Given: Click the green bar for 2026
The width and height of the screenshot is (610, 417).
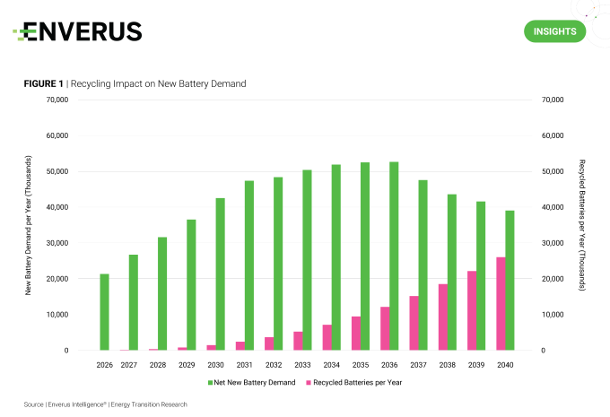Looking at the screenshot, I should (104, 312).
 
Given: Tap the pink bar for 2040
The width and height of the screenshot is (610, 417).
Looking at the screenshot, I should (501, 304).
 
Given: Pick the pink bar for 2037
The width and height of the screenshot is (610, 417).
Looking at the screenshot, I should (414, 323).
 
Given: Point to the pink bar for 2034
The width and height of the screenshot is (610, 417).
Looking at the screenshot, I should (327, 337).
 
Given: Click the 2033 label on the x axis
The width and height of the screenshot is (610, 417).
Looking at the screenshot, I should (302, 365).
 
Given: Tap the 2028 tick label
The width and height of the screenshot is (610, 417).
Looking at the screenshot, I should (158, 365).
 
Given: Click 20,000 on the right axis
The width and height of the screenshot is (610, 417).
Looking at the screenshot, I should (552, 279).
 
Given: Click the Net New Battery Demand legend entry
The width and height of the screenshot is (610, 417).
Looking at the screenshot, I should (254, 382).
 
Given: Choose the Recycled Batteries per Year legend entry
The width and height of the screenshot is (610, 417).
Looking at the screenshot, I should (353, 382).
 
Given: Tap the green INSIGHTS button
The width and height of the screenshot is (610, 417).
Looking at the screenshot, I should (554, 31).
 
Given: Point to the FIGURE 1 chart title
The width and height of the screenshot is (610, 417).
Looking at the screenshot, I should (135, 83).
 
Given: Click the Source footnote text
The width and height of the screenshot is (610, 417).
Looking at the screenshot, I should (106, 404).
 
